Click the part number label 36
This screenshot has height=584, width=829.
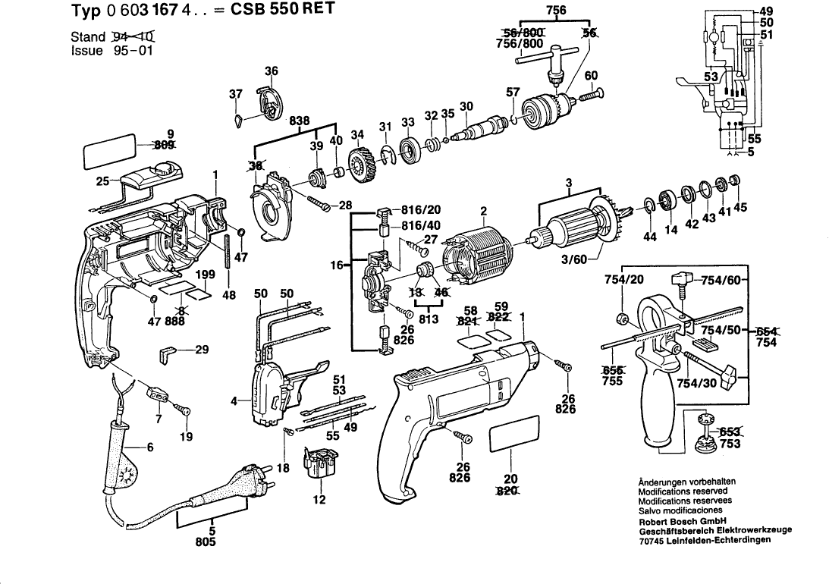pyautogui.click(x=272, y=71)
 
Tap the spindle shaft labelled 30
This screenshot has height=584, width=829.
pyautogui.click(x=482, y=127)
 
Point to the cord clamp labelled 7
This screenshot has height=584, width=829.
pyautogui.click(x=157, y=394)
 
